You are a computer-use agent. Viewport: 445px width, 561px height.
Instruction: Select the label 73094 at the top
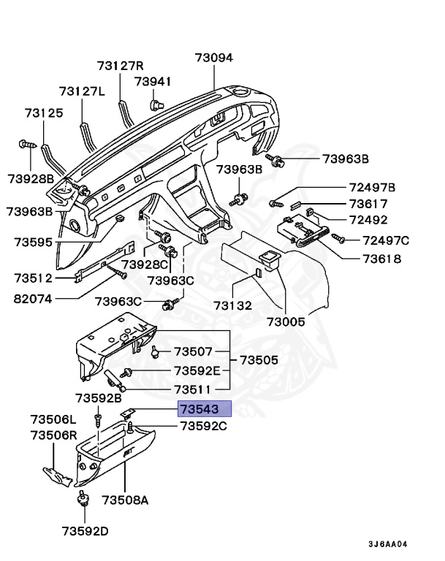point(213,58)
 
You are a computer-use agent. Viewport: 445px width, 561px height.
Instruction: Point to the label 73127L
point(82,91)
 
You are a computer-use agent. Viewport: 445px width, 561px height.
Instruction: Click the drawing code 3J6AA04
point(387,544)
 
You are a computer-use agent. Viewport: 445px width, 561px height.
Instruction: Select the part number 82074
point(35,298)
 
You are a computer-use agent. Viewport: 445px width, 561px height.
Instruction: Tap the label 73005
point(286,321)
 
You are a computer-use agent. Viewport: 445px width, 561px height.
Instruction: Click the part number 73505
point(259,360)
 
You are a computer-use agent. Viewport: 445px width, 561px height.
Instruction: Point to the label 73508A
point(125,500)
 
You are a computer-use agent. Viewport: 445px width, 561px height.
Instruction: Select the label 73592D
point(85,530)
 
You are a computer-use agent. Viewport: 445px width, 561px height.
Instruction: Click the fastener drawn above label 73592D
point(83,500)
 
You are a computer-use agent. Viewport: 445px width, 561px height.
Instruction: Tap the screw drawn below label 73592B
point(98,420)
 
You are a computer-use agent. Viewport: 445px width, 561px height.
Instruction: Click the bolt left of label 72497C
point(338,237)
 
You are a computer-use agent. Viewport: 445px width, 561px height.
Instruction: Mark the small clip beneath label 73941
point(154,104)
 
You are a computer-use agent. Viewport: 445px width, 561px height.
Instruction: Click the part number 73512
point(34,278)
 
